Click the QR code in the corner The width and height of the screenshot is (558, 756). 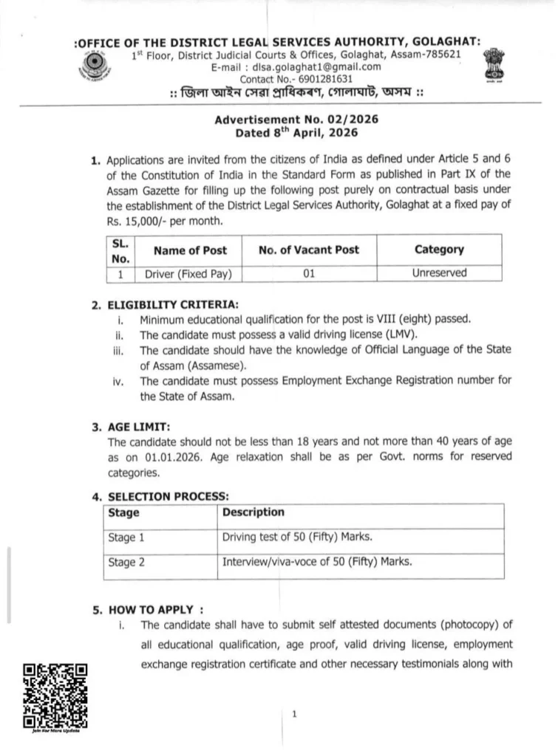point(55,694)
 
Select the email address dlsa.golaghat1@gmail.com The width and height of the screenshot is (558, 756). point(327,67)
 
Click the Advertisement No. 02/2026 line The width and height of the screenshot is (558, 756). point(296,120)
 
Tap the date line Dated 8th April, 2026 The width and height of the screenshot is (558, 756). point(296,133)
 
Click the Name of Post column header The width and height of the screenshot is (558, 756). point(190,250)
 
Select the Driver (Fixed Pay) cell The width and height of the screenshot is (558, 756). point(188,273)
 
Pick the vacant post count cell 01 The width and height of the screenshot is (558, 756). point(308,273)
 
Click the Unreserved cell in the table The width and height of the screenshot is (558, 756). point(439,273)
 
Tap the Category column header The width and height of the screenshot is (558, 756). point(439,250)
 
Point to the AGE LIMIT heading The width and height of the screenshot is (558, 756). point(139,427)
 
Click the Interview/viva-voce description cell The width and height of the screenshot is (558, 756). point(317,562)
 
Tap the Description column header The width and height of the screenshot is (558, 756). point(253,512)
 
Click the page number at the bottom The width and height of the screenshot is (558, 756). point(294,714)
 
